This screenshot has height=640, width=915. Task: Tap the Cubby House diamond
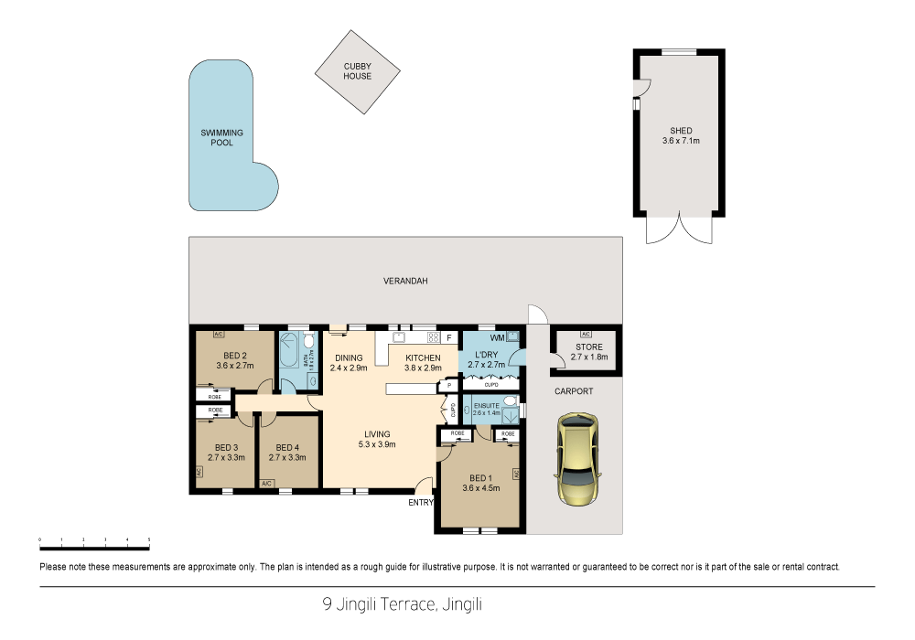click(358, 71)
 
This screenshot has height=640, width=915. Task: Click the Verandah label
click(405, 281)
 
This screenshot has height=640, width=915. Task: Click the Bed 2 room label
click(235, 356)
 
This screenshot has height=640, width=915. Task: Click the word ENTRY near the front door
click(421, 502)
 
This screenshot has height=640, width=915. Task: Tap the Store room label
click(588, 347)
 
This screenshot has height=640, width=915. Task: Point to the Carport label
click(574, 391)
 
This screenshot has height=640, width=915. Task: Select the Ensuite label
click(485, 403)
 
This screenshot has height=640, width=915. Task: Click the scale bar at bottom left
click(94, 546)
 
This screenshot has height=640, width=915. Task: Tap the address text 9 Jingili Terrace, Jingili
click(402, 603)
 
